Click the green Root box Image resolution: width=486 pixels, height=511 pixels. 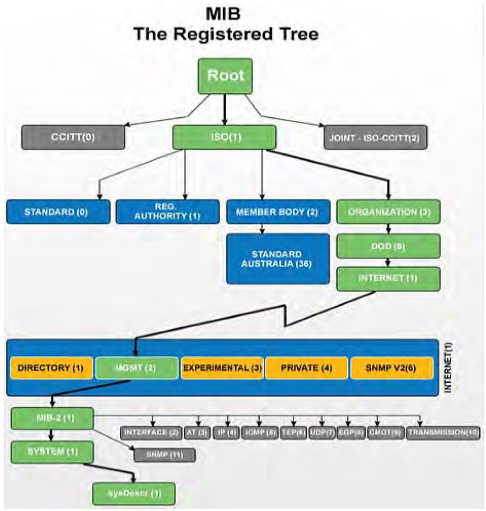pos(225,76)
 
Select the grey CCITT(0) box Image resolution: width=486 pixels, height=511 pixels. pos(73,138)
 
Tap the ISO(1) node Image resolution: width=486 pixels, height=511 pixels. pos(224,138)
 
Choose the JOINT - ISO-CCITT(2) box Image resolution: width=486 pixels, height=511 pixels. pos(375,139)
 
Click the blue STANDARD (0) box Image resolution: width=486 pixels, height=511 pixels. pos(58,212)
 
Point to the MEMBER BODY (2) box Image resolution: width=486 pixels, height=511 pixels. pos(278,212)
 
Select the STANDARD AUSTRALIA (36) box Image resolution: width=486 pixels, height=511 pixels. pos(278,259)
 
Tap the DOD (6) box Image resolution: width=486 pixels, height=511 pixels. pos(388,246)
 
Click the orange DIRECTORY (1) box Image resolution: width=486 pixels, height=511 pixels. pos(51,368)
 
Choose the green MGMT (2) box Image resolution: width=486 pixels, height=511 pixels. pos(137,368)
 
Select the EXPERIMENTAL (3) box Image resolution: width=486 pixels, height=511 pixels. pos(222,368)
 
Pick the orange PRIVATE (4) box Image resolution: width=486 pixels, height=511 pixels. pos(306,368)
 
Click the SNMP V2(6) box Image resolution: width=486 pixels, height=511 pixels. pos(391,368)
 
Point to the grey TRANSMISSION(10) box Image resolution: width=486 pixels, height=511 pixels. pos(443,434)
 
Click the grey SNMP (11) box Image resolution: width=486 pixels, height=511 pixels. pos(164,454)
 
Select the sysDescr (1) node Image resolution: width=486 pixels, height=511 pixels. pos(134,493)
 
